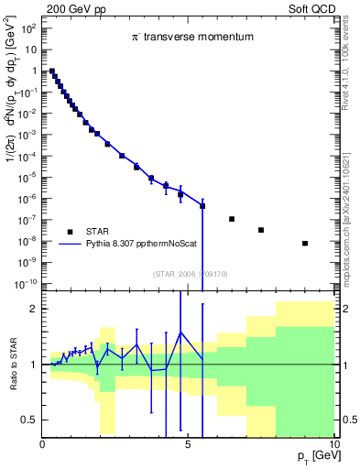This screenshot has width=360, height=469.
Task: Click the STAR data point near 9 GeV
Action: (x=304, y=244)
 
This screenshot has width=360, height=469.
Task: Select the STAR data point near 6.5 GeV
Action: (x=232, y=219)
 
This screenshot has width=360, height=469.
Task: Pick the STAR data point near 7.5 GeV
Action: (x=261, y=230)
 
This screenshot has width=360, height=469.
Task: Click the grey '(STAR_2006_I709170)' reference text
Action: (x=189, y=272)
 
